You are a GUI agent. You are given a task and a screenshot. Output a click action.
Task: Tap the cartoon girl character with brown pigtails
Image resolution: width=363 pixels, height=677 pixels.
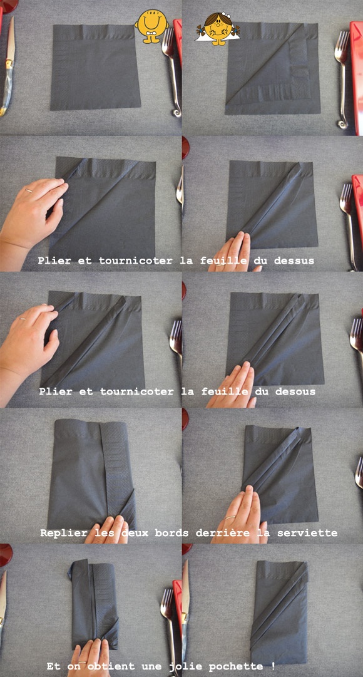point(218,29)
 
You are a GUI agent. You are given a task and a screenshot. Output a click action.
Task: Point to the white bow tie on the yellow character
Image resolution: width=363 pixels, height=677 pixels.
point(151,33)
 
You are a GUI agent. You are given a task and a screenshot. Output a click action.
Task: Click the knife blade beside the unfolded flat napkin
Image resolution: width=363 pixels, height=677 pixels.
point(10,41)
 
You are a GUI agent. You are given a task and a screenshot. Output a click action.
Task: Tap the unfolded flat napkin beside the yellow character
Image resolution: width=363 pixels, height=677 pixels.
point(95,67)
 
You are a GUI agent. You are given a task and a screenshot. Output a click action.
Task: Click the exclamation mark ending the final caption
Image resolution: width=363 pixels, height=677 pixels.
point(273,666)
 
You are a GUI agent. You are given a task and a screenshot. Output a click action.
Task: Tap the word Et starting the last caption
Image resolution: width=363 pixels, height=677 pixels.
point(54,666)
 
